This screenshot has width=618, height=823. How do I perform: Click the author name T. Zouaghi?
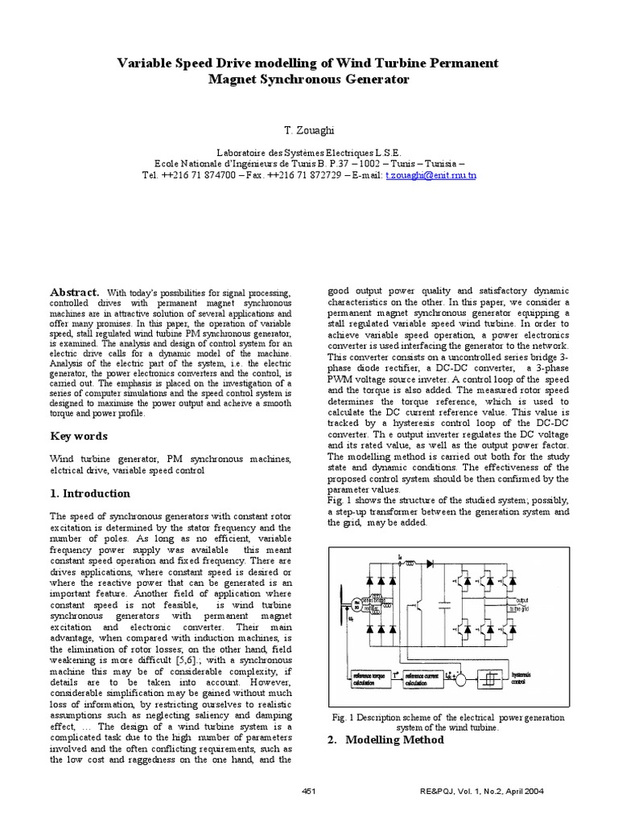[x=309, y=129]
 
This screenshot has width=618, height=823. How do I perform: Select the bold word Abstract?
[x=75, y=291]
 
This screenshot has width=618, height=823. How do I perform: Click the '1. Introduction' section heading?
[x=89, y=493]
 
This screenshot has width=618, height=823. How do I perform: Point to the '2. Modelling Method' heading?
[x=385, y=739]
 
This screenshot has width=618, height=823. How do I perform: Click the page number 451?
[x=309, y=792]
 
